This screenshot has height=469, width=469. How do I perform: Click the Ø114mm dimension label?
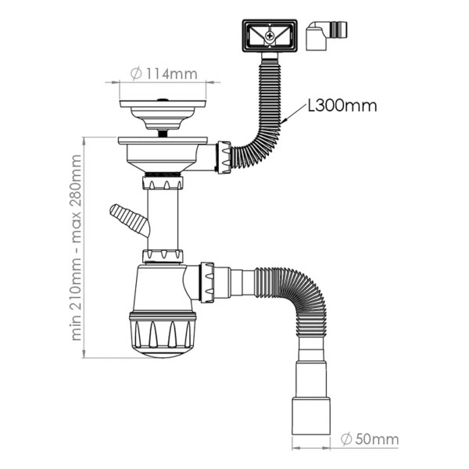[x=164, y=74]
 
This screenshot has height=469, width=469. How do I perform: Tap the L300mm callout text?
[x=342, y=106]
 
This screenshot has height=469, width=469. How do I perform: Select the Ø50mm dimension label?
[x=370, y=439]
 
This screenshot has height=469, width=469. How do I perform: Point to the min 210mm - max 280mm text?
[x=77, y=248]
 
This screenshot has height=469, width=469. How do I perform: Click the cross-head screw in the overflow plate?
[x=270, y=36]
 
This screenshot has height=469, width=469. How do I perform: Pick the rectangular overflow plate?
[x=270, y=36]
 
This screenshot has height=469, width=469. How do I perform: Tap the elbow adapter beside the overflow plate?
[x=326, y=35]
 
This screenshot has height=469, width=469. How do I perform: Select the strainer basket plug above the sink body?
[x=163, y=115]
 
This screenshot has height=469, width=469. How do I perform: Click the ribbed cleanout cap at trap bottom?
[x=163, y=335]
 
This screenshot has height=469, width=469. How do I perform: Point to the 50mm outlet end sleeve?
[x=311, y=416]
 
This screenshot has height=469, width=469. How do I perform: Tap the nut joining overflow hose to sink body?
[x=224, y=157]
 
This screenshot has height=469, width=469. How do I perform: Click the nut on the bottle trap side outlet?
[x=207, y=282]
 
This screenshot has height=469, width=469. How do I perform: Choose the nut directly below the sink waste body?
[x=163, y=183]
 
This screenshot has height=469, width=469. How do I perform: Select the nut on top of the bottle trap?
[x=163, y=256]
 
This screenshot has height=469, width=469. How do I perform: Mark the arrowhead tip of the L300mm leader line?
[x=281, y=123]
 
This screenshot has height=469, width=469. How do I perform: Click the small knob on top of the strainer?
[x=163, y=99]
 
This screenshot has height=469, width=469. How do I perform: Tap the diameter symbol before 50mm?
[x=346, y=439]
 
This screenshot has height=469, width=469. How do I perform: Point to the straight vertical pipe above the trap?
[x=163, y=220]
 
